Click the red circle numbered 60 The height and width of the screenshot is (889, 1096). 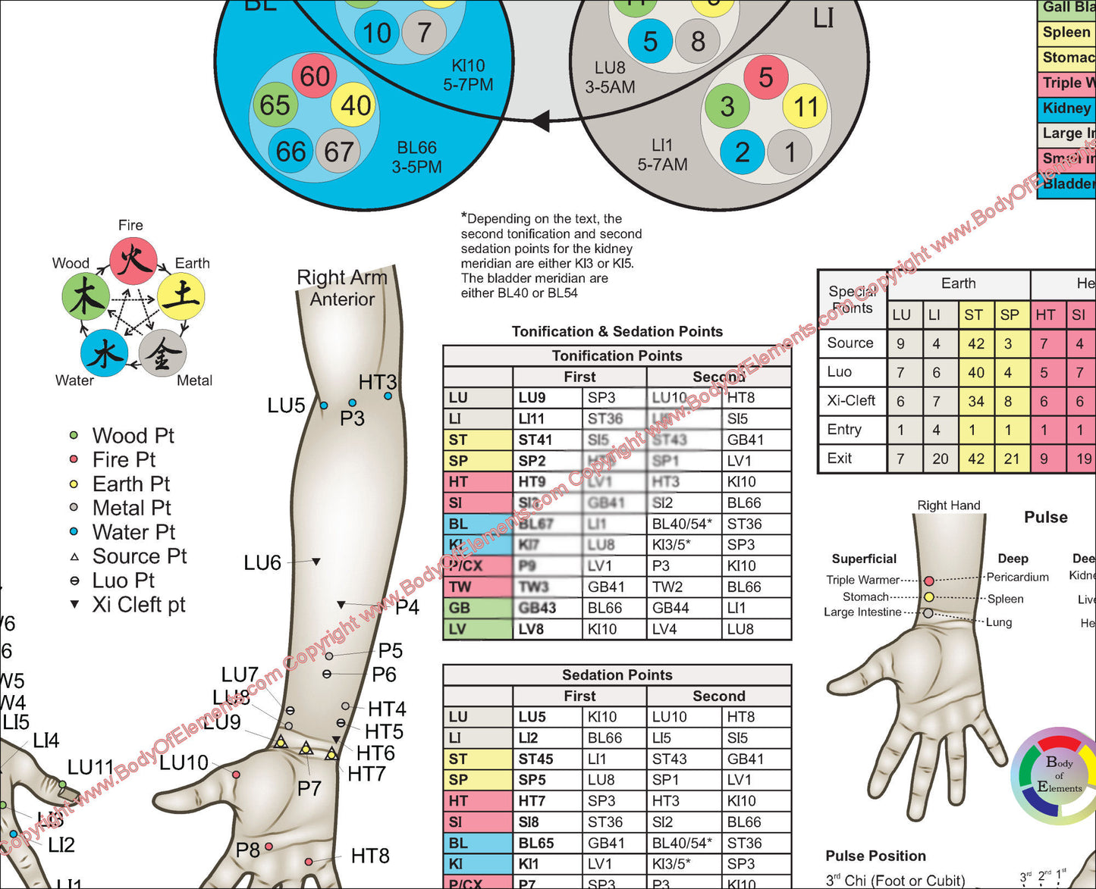click(315, 76)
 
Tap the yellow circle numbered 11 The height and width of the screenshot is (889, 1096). click(805, 108)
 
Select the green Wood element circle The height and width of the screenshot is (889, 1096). click(85, 298)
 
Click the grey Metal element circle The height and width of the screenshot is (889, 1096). click(162, 353)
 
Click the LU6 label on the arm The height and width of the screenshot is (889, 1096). click(262, 562)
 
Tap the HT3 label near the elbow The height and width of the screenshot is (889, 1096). click(378, 383)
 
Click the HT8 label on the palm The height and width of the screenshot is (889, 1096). click(370, 856)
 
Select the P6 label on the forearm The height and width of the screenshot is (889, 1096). click(384, 674)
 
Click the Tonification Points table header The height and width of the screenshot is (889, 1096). click(617, 355)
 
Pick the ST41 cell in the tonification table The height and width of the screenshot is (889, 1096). click(535, 440)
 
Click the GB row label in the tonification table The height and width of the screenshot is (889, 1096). click(460, 608)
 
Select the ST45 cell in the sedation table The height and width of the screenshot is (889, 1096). click(535, 759)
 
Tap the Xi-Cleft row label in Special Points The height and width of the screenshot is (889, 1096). click(851, 400)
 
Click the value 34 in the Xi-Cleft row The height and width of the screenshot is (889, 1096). click(976, 401)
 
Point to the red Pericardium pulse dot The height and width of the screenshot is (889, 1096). click(929, 581)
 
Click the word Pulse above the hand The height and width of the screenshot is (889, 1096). click(1046, 517)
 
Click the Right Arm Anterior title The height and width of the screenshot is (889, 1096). click(342, 288)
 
